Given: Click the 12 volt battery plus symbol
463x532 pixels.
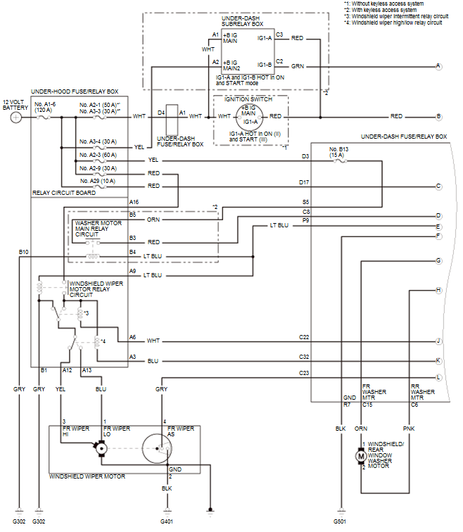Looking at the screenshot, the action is tap(16, 118).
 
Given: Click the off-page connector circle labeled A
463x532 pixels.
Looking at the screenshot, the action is tap(438, 66).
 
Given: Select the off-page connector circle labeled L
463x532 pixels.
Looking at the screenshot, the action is tap(438, 377).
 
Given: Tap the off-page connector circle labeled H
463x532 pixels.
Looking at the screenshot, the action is tap(438, 290).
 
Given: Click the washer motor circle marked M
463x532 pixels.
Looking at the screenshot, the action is tap(361, 456).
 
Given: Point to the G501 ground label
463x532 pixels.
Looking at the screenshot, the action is tap(340, 521).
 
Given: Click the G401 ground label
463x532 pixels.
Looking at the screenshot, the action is tap(167, 521).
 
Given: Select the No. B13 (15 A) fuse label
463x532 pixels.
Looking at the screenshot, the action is tap(338, 152).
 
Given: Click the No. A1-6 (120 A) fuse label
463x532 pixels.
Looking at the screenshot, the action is tap(45, 107).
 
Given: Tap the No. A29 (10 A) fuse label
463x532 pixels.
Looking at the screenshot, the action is tap(98, 181).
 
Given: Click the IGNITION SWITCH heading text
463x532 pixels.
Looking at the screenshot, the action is tap(248, 99).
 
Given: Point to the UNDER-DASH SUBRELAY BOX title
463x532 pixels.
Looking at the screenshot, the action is tap(242, 21).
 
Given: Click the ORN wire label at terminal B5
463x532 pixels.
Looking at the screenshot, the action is tap(153, 220).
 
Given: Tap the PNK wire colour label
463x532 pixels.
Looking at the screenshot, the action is tap(409, 429).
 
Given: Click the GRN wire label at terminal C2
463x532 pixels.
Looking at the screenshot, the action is tap(298, 66).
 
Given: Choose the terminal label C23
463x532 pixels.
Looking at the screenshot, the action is tap(304, 373).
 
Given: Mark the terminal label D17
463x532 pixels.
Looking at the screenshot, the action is tap(304, 182).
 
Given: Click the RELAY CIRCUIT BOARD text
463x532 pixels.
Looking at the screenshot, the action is tap(64, 193).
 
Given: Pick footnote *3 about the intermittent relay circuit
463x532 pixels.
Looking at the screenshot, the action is tap(396, 16).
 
